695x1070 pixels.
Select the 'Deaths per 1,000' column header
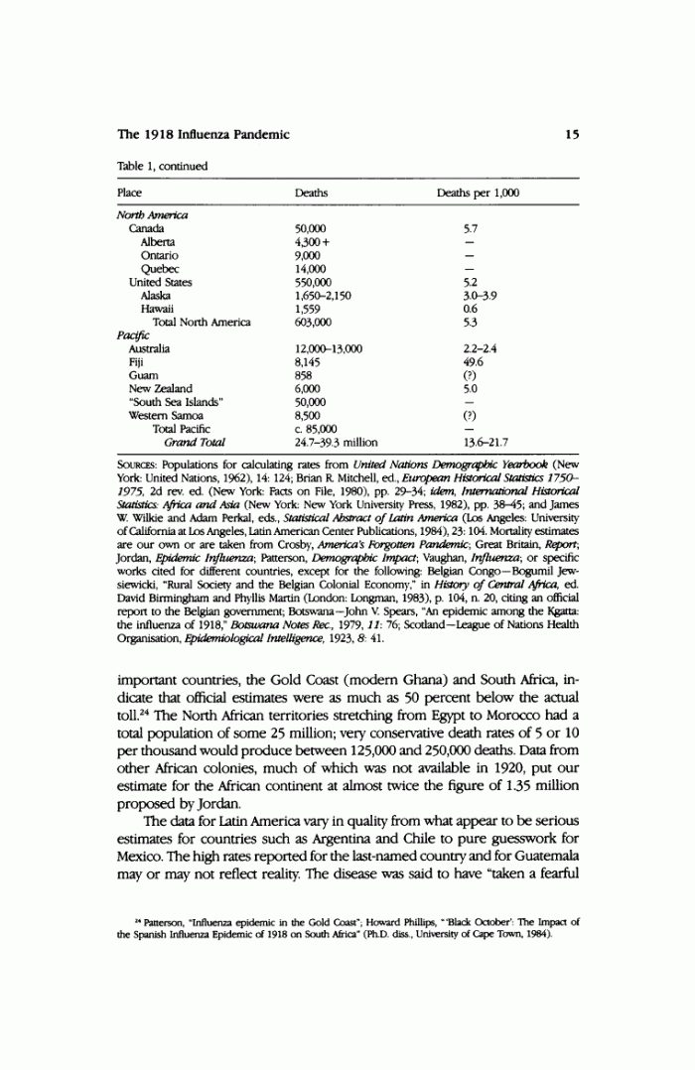point(478,193)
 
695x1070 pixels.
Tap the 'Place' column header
point(129,193)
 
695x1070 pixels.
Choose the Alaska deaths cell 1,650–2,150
point(323,296)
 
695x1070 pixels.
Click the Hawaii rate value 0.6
point(471,309)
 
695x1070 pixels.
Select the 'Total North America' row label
point(202,323)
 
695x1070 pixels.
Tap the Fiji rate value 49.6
point(474,362)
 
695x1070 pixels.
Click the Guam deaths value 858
point(305,375)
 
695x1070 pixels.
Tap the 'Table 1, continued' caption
point(162,166)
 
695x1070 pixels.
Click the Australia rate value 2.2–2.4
point(482,348)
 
